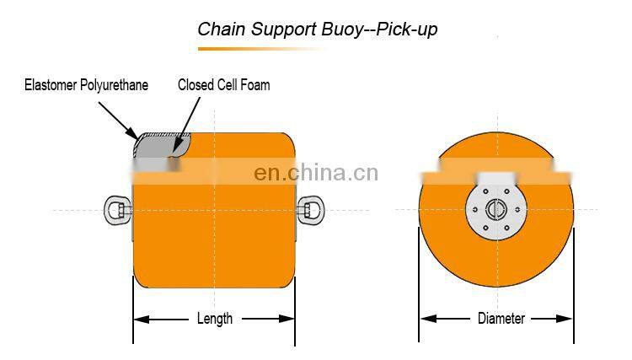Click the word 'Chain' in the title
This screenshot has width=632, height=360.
tap(219, 30)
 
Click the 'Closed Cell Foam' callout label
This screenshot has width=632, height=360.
tap(224, 85)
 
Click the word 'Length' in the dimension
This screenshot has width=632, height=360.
tap(214, 319)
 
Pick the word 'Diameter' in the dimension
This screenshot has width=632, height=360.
tap(501, 319)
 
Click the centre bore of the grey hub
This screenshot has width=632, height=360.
tap(496, 208)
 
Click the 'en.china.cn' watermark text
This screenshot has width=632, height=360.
tap(316, 174)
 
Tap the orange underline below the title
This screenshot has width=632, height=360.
tap(253, 49)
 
